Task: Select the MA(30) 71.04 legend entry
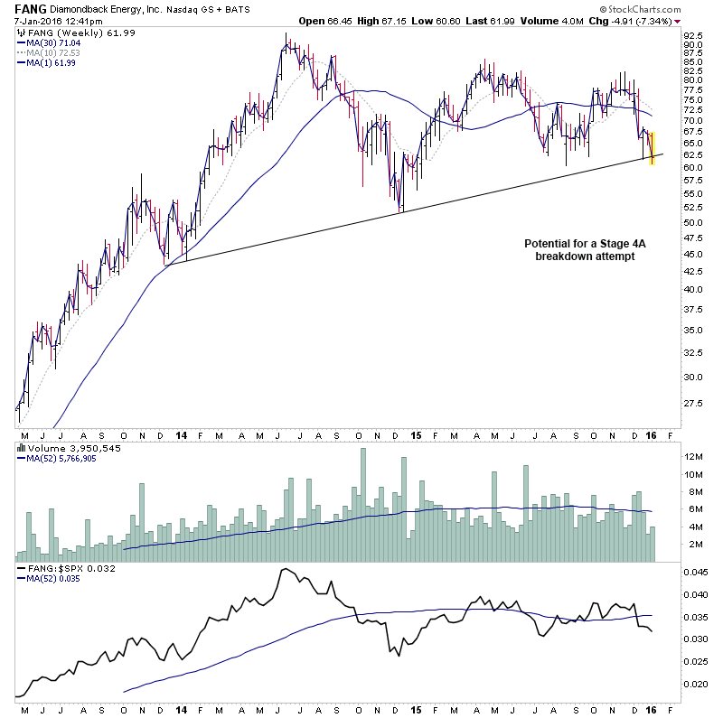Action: (x=51, y=42)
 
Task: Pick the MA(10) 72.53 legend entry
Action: (x=51, y=52)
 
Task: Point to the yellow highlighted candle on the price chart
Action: (x=653, y=148)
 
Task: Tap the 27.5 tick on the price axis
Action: (x=692, y=404)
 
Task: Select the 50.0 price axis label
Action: (x=692, y=222)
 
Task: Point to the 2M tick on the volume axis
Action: (x=694, y=544)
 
